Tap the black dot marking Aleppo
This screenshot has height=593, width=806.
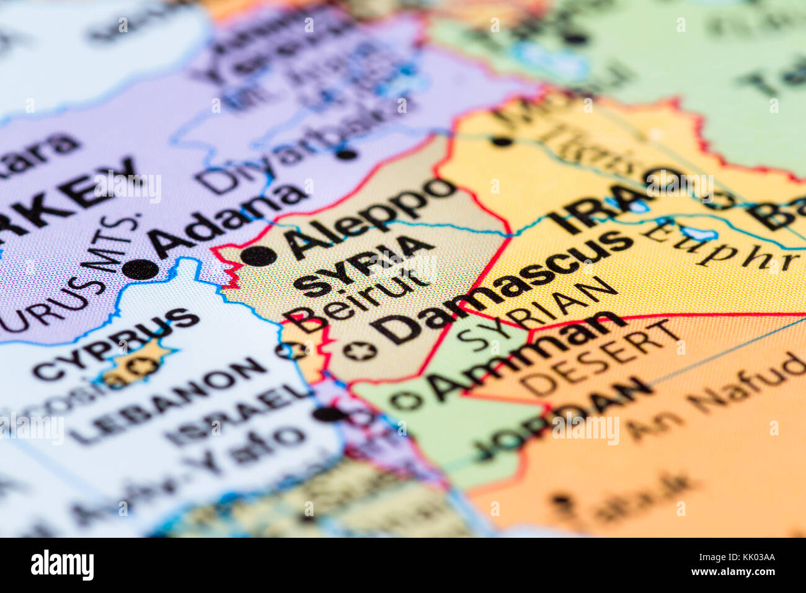tap(258, 256)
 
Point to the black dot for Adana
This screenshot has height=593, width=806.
tap(141, 269)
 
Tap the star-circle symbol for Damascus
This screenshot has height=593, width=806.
tap(360, 351)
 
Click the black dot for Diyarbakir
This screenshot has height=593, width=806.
tap(346, 153)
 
